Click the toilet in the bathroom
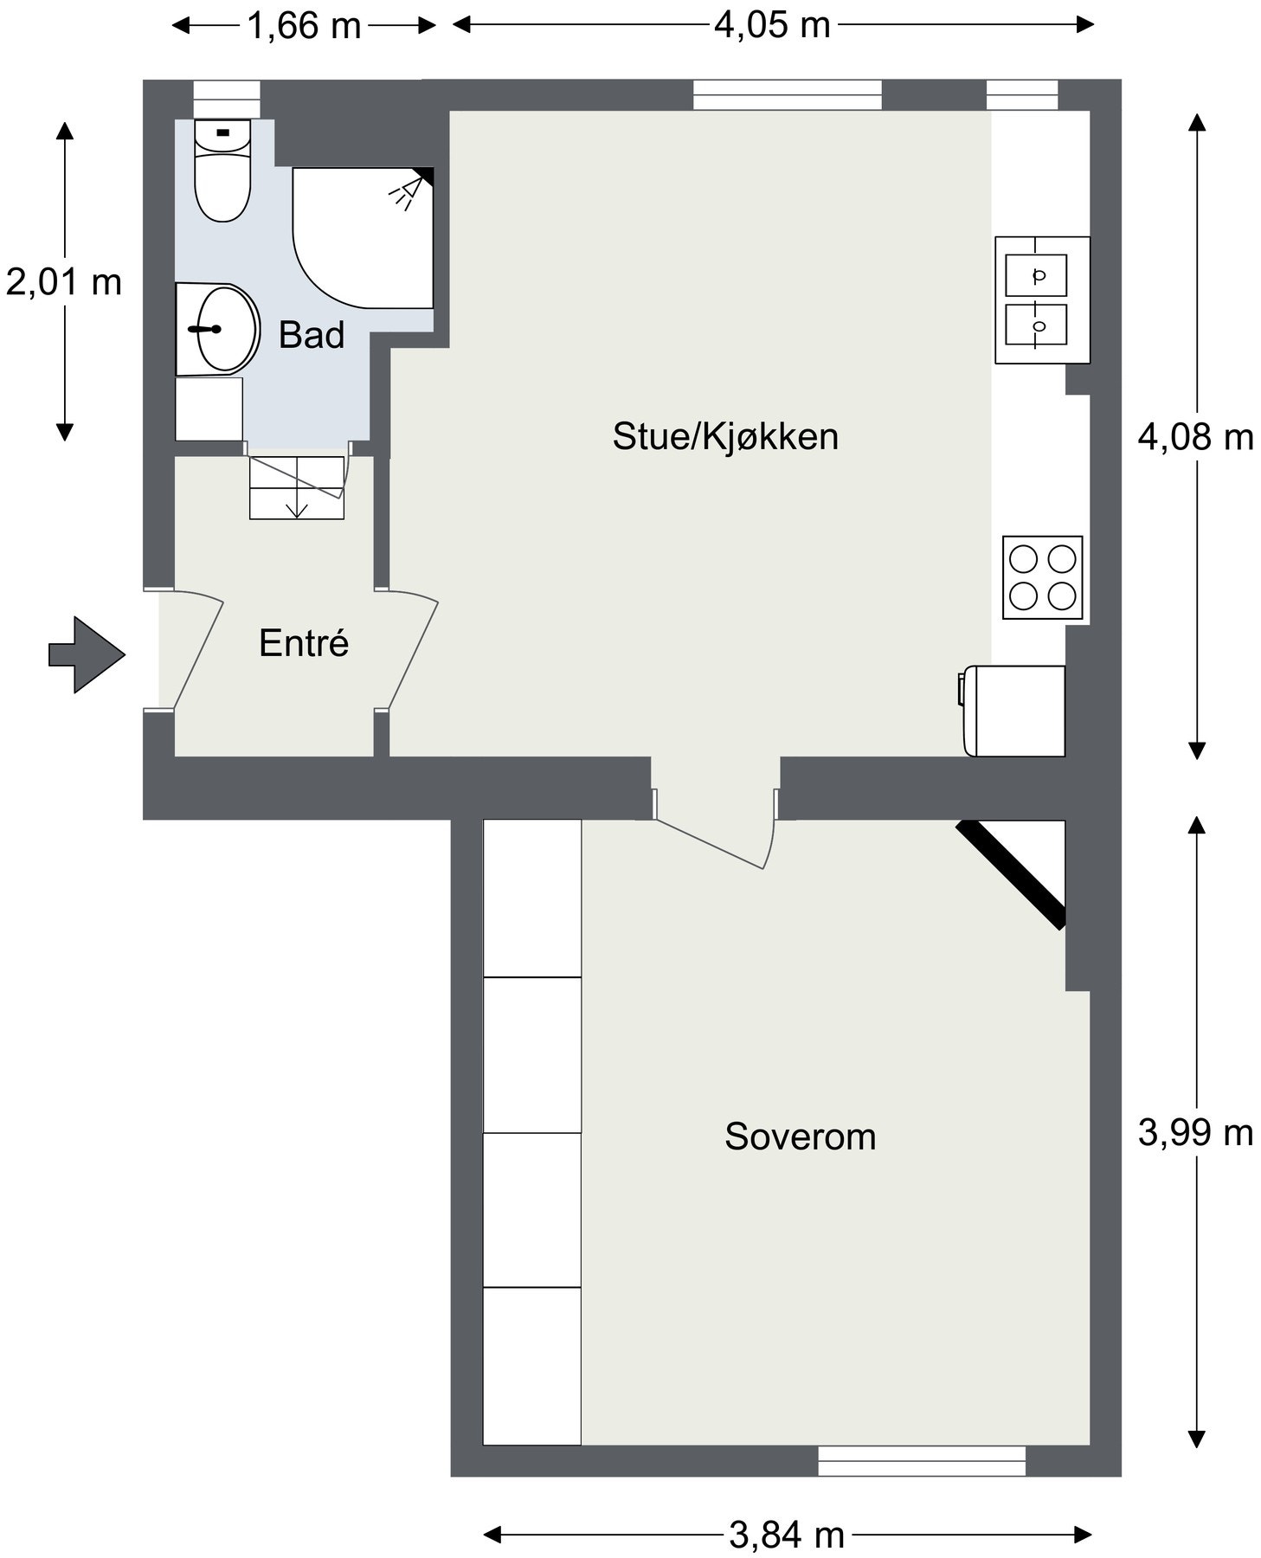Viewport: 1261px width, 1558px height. [x=222, y=170]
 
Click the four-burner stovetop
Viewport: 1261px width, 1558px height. [x=1042, y=577]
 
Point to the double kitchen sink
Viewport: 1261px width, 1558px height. [x=1041, y=299]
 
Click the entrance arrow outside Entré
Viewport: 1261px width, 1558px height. [x=87, y=654]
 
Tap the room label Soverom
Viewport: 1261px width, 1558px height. [x=800, y=1136]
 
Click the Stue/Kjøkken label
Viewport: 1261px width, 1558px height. [x=725, y=436]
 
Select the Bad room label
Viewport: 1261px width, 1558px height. [x=312, y=335]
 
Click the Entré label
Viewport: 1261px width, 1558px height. [x=304, y=643]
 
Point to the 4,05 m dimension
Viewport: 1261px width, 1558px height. [x=772, y=25]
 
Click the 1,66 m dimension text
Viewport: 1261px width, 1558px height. [x=305, y=26]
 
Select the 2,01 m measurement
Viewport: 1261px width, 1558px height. [x=64, y=282]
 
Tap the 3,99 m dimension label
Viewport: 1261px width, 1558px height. [x=1195, y=1132]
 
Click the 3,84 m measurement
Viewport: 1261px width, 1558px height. [x=787, y=1535]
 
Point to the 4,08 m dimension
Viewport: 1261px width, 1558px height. [x=1195, y=437]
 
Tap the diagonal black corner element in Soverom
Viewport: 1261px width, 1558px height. [x=1011, y=874]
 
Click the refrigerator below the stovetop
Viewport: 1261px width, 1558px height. [x=1013, y=711]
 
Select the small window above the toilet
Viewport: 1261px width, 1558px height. [x=226, y=99]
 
